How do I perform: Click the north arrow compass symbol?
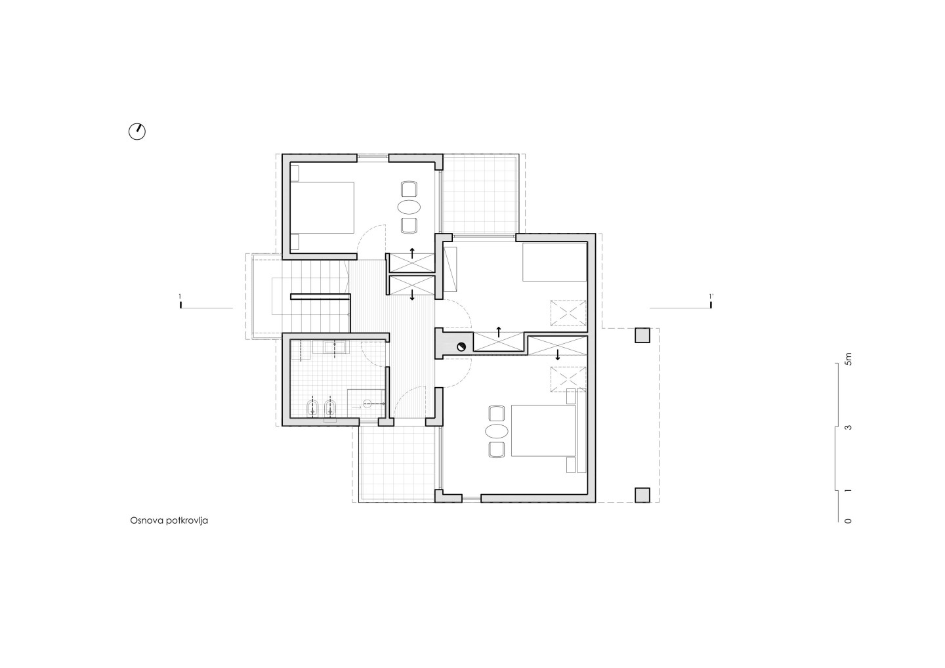(137, 132)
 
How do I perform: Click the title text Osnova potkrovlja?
(169, 520)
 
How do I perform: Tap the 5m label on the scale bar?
(849, 359)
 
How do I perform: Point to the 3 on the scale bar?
(849, 427)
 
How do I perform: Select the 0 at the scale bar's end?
(849, 521)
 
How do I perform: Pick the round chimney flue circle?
(461, 346)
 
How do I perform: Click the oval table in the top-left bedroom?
(409, 207)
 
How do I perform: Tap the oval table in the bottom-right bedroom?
(497, 431)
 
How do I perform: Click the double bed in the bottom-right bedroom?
(543, 430)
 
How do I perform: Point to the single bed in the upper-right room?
(555, 262)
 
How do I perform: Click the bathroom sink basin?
(335, 347)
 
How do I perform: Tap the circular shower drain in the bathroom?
(367, 404)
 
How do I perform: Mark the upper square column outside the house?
(642, 335)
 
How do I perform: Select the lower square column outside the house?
(642, 495)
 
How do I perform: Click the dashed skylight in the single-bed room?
(568, 313)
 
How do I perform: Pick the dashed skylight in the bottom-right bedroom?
(568, 379)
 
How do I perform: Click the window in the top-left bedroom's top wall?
(373, 157)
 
